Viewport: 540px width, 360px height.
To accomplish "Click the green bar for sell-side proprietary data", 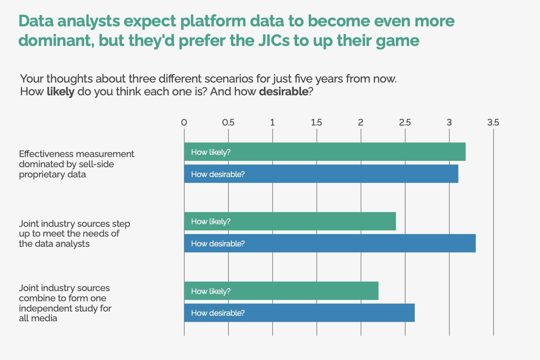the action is coord(325,152).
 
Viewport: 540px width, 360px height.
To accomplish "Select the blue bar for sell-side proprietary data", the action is coord(321,174).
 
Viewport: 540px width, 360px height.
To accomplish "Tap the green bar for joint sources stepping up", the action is coord(290,221).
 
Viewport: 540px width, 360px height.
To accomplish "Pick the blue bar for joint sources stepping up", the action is coord(330,243).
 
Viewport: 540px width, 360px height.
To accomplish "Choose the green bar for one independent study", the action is coord(281,291).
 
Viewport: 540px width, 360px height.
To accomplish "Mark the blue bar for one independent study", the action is coord(299,313).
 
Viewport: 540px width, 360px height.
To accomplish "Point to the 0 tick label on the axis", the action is coord(184,123).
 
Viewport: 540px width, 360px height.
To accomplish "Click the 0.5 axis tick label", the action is coord(228,123).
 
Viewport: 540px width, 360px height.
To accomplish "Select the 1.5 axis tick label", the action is coord(316,123).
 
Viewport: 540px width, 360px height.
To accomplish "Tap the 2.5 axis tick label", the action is coord(405,123).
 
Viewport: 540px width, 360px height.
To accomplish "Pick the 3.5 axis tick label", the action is coord(493,123).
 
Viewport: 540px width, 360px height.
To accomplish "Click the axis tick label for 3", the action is coord(449,123).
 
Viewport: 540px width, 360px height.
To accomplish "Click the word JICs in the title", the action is coord(274,40).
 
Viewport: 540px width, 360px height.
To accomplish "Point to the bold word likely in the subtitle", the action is coord(60,91).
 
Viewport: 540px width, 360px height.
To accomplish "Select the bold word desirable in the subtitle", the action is coord(284,91).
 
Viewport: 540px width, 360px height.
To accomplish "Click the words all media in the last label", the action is coord(38,318).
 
